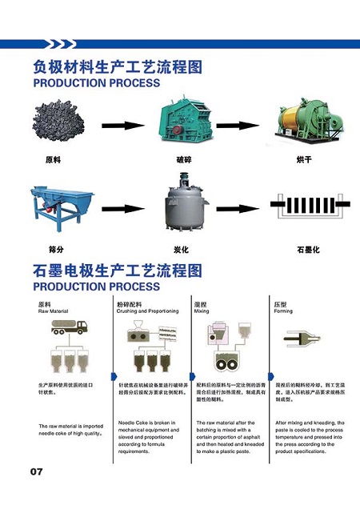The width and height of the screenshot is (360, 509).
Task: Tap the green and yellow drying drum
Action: tap(304, 124)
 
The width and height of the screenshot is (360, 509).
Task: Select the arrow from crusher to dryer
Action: tap(239, 126)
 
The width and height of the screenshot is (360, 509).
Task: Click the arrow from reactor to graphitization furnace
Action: tap(239, 210)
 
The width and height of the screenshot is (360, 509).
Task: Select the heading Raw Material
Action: tap(54, 311)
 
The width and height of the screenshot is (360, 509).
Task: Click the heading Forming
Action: tap(285, 311)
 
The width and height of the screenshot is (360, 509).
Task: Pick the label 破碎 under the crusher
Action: tap(184, 159)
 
